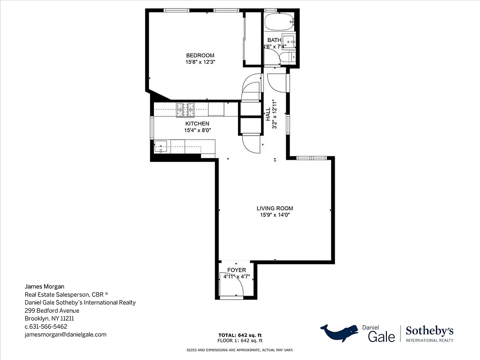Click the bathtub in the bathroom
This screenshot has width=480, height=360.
(279, 21)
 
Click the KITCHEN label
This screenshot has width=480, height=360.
(197, 124)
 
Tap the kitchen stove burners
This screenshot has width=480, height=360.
(185, 107)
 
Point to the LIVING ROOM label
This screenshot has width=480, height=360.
(275, 208)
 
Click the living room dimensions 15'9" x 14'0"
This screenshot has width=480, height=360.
(275, 215)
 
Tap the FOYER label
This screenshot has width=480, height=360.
(237, 270)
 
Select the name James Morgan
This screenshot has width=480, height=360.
(44, 286)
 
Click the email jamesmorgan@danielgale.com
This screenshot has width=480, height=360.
(65, 334)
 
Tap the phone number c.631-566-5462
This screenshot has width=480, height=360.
(46, 326)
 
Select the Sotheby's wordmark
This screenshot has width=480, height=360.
(430, 332)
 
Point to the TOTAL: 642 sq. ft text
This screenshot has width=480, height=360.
(240, 335)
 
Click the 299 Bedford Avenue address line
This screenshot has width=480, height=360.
(52, 310)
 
